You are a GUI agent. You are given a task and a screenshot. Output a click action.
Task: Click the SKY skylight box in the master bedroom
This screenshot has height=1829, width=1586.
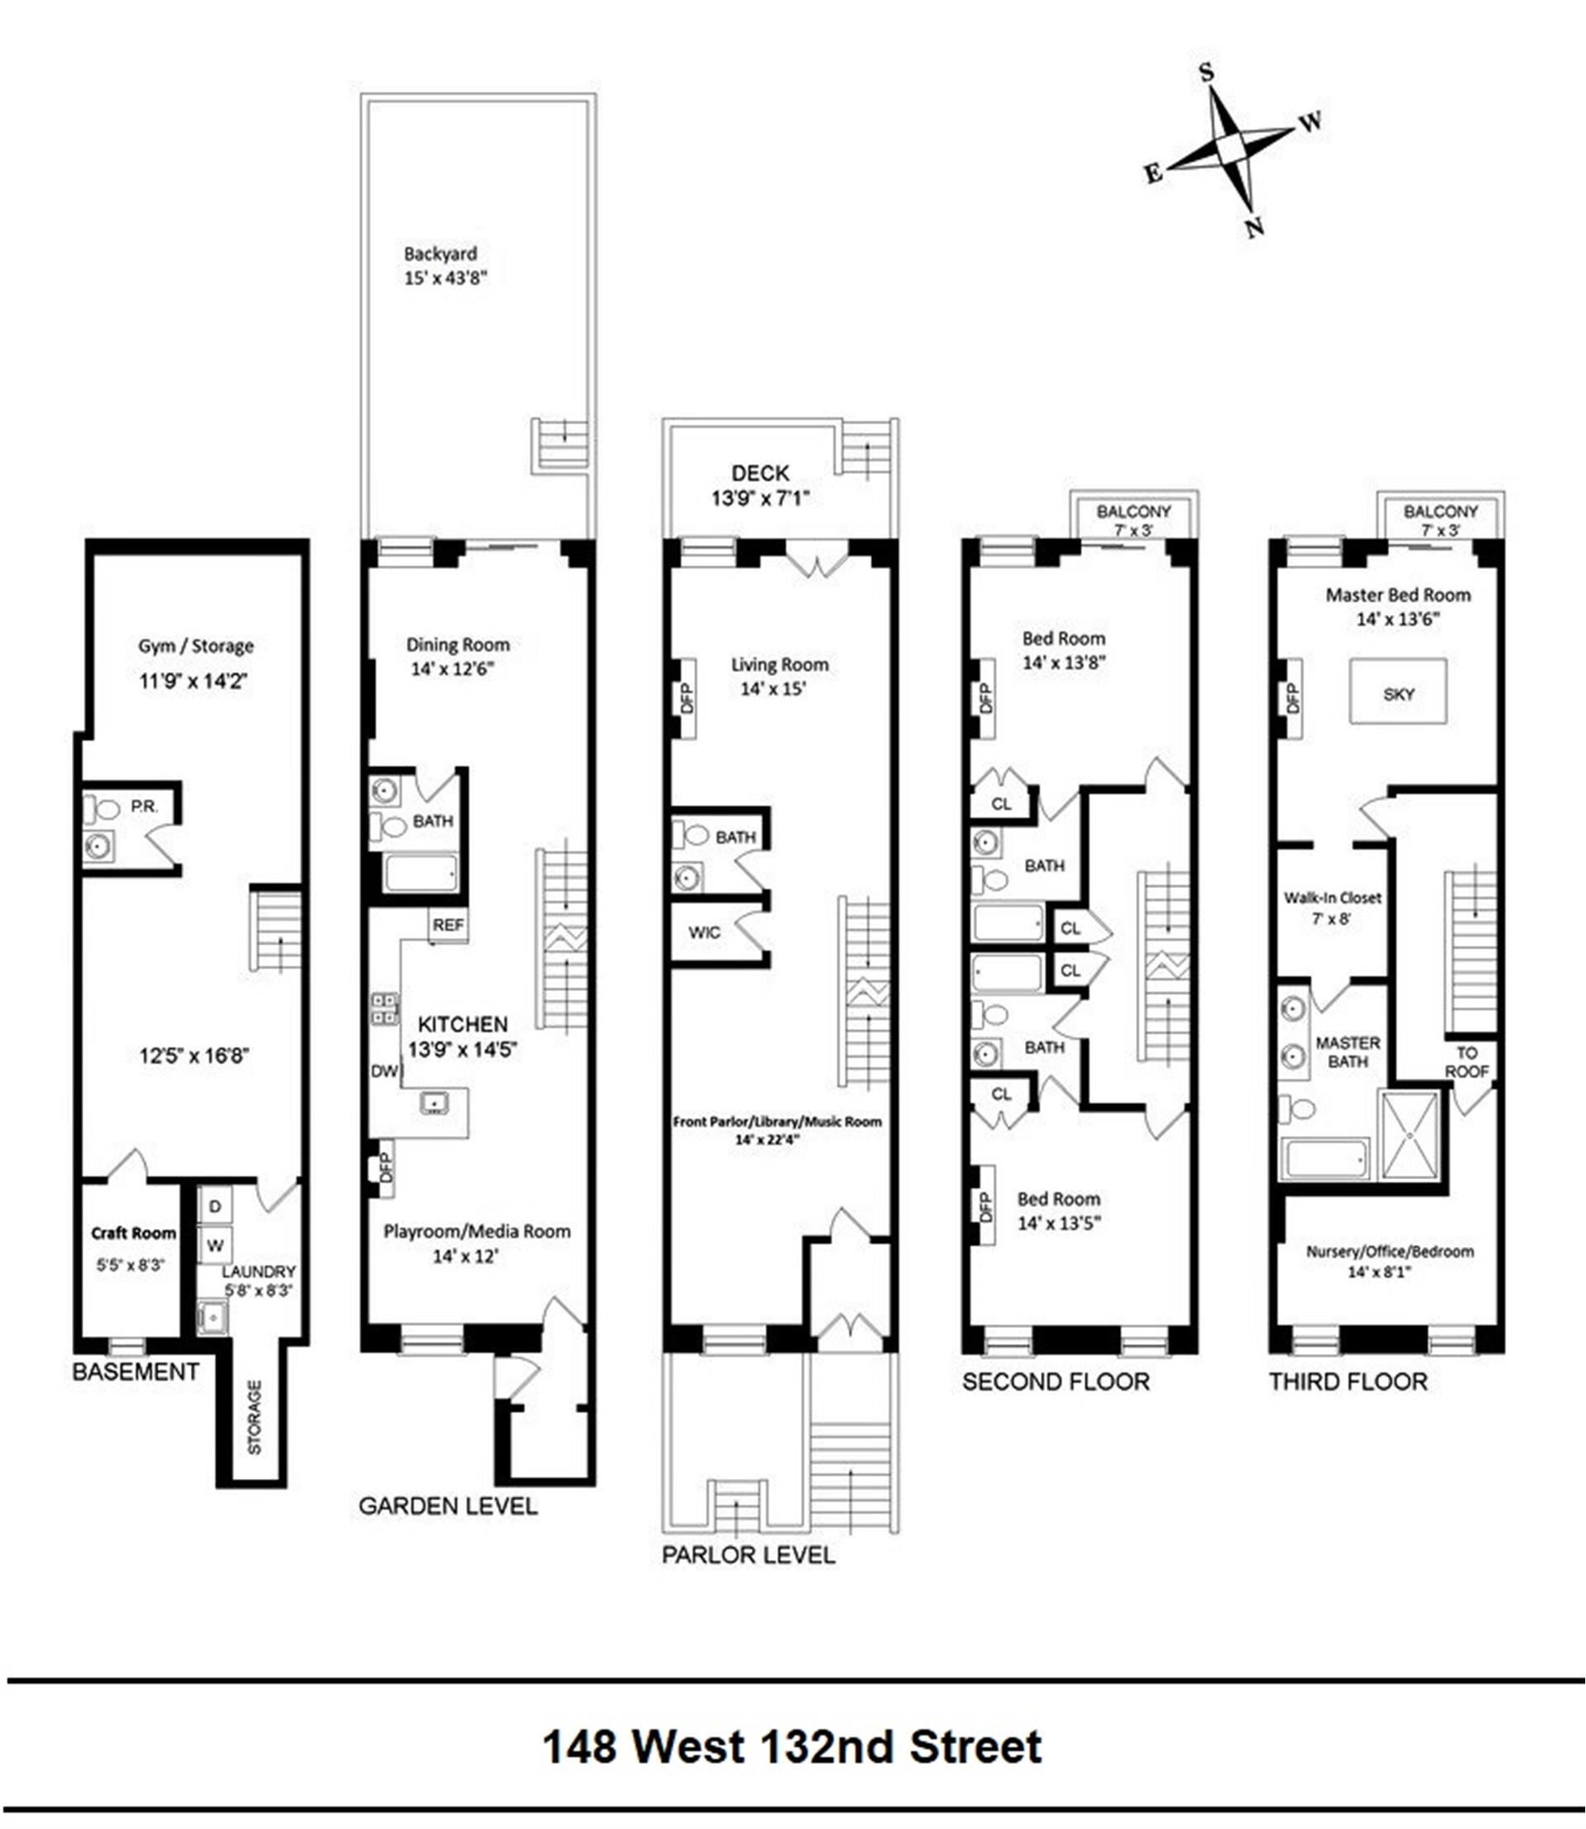[1398, 691]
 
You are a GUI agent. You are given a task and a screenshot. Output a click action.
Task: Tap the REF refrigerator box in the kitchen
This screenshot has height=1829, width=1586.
[448, 926]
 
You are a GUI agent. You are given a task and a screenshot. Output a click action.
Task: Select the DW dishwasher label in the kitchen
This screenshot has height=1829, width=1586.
[384, 1072]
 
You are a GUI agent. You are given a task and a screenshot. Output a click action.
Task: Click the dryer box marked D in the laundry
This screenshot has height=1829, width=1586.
[214, 1207]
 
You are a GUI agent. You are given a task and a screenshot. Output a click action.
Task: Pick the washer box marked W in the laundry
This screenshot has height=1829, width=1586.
[214, 1245]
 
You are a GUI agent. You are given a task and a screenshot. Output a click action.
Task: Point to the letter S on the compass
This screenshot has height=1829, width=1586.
[1206, 73]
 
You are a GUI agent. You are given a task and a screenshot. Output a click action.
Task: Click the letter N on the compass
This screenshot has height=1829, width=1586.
[1254, 227]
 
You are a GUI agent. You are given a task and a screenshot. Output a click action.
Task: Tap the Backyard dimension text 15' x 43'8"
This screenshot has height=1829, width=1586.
[445, 277]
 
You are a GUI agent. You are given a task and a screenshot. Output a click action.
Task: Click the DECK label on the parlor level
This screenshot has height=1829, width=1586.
[760, 473]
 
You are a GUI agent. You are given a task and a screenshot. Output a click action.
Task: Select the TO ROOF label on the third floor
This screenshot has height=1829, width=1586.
[1466, 1062]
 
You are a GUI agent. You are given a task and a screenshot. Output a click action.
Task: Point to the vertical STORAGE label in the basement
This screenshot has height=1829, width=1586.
[254, 1418]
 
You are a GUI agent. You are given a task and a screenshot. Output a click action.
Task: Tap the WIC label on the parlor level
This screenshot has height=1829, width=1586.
[705, 932]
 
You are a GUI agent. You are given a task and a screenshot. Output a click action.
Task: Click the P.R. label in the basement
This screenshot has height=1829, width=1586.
[145, 807]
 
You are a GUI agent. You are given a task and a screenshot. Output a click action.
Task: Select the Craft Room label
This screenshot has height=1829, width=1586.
[134, 1233]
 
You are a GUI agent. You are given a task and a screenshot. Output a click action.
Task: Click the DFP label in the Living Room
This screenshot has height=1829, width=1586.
[686, 698]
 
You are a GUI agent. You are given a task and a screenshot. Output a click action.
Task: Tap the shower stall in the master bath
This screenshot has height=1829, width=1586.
[1411, 1135]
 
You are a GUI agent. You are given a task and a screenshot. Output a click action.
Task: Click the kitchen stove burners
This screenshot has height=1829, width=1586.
[384, 1009]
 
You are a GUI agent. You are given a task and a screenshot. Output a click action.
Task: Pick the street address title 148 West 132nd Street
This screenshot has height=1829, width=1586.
[792, 1746]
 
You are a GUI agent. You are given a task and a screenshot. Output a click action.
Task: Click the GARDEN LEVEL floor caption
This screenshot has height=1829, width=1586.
[448, 1506]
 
